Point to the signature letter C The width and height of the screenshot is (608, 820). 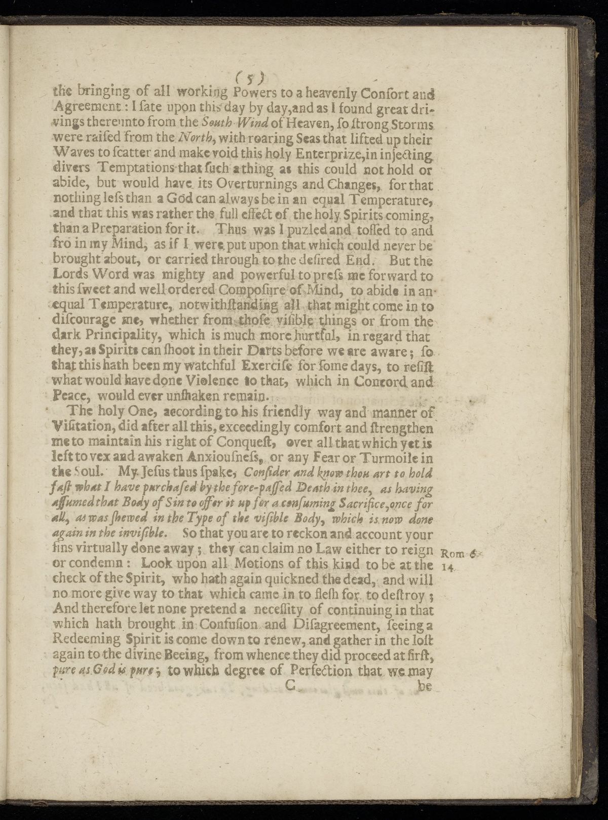tap(290, 687)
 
